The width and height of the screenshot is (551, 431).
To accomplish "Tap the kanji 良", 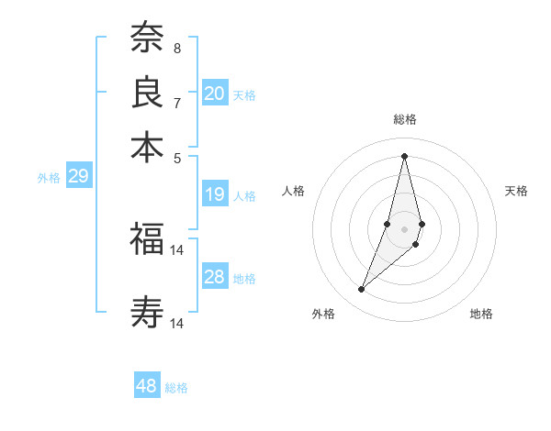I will tap(147, 92).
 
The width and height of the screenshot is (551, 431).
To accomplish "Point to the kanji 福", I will tap(147, 240).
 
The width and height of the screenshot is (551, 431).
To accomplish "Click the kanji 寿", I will tap(147, 313).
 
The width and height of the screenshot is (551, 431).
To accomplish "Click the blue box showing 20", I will tap(215, 94).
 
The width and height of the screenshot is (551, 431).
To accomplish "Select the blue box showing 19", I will tap(215, 194).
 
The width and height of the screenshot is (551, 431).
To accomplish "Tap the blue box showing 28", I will tap(215, 277).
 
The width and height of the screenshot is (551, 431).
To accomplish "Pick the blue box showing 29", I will tap(78, 176).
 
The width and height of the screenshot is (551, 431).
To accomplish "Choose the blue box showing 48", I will tap(147, 386).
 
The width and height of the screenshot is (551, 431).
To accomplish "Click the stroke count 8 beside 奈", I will tap(177, 48).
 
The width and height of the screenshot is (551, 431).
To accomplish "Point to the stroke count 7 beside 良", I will tap(177, 103).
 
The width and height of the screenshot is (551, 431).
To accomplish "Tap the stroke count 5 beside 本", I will tap(177, 158).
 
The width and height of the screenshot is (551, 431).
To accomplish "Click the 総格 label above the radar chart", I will tap(404, 119).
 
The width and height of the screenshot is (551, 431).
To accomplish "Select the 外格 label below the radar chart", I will tap(323, 314).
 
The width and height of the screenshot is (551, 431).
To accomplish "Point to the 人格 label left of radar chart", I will tap(294, 191).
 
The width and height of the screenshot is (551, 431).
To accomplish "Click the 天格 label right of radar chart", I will tap(516, 191).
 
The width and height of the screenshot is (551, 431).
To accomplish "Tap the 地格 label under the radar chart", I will tap(481, 314).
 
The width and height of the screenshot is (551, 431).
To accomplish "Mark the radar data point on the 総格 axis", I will tap(404, 155).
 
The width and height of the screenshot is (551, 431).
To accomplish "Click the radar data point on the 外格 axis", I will tap(361, 290).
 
